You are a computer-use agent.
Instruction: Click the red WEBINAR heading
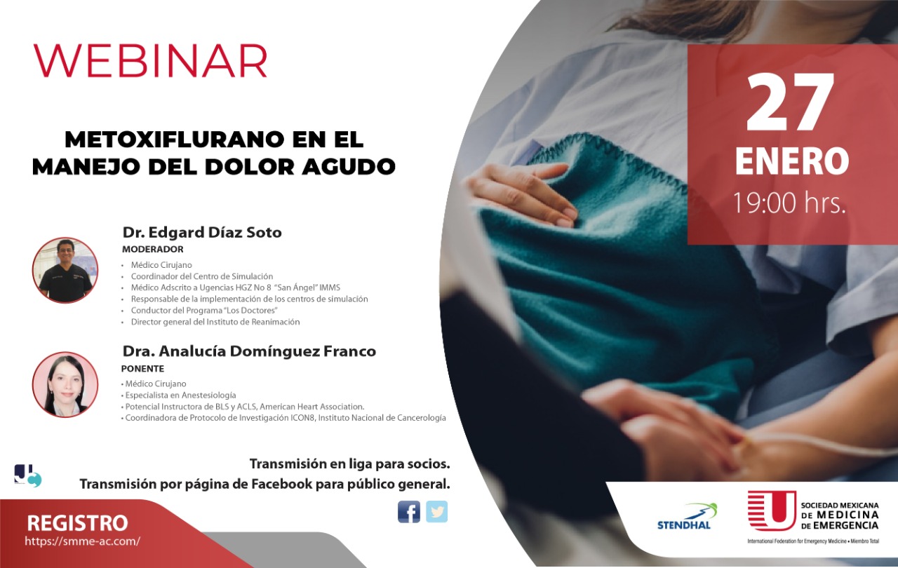coord(150,60)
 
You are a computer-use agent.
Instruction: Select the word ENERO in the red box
coord(792,161)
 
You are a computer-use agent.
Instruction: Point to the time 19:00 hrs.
coord(789,203)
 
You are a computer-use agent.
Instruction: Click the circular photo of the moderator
coord(65,270)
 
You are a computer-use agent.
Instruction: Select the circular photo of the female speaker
coord(65,384)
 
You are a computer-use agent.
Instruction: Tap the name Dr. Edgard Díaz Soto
coord(202,232)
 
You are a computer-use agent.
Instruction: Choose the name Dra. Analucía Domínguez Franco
coord(249,351)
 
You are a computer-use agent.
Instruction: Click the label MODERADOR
coord(153,249)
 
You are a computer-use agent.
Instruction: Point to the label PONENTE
coord(142,369)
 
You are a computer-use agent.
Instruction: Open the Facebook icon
coord(409,511)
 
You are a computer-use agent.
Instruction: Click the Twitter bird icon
coord(436,511)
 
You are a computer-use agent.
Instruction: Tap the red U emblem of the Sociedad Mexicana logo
coord(772,510)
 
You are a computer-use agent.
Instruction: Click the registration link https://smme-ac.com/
coord(83,541)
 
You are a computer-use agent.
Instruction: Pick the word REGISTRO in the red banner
coord(77,523)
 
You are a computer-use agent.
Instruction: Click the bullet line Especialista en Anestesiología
coord(179,395)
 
